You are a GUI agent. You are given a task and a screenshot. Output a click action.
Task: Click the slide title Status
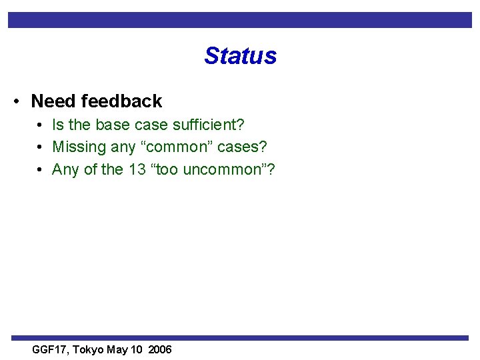[240, 56]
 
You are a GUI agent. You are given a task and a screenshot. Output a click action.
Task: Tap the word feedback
[121, 101]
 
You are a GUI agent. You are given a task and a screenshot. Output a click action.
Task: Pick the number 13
[137, 170]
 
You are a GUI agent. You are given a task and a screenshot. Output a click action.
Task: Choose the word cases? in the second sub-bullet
[242, 147]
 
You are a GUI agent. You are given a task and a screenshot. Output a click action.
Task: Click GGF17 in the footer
[51, 349]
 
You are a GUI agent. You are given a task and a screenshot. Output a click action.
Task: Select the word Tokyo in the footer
[89, 349]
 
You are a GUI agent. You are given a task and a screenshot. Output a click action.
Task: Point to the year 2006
[160, 349]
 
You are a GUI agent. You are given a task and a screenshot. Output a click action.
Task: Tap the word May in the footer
[117, 349]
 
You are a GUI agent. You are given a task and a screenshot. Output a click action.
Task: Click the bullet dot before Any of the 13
[40, 171]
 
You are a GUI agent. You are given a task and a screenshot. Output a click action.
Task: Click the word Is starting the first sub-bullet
[58, 125]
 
